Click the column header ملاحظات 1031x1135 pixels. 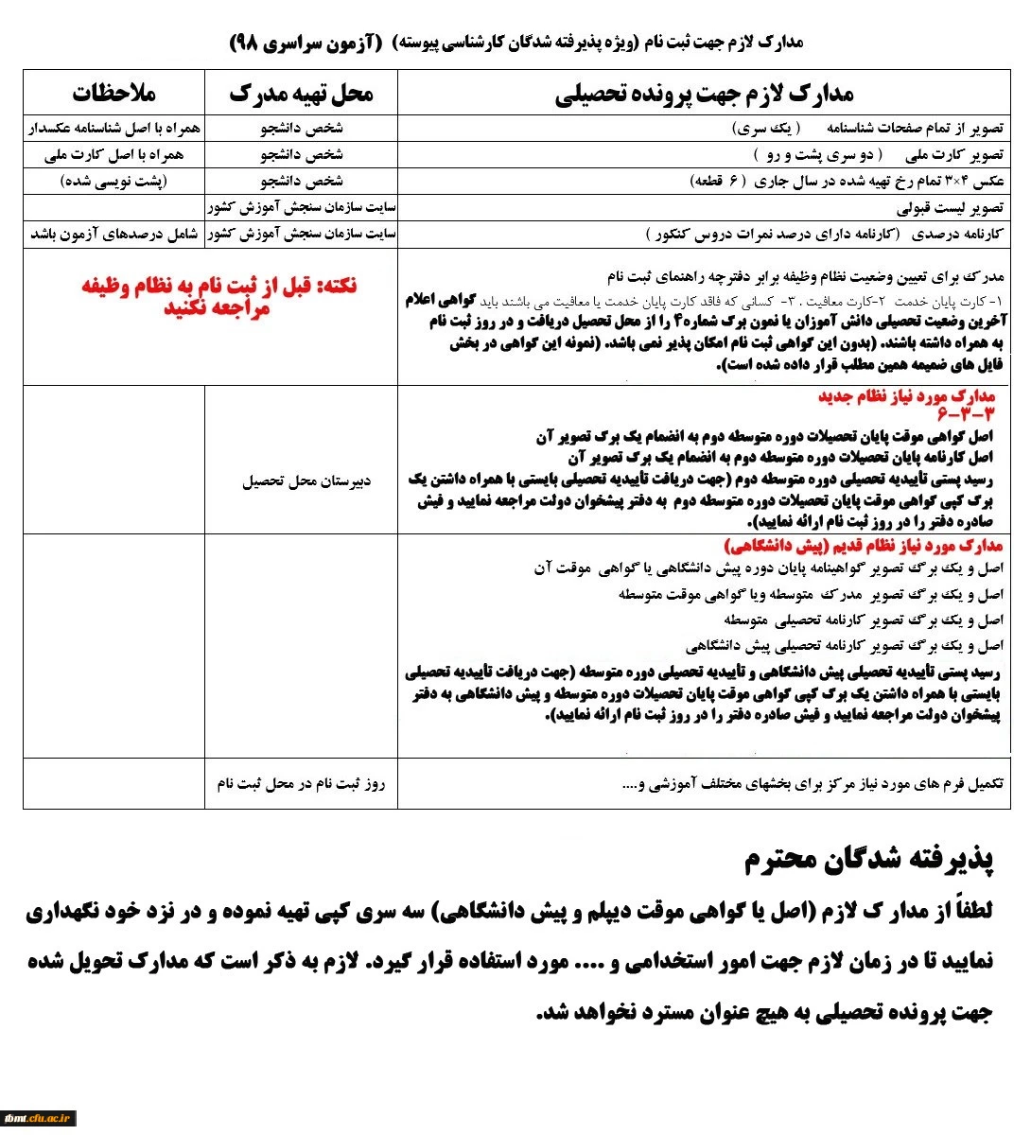pos(114,93)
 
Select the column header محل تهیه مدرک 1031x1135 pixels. pos(301,93)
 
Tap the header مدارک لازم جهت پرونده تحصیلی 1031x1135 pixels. pos(704,93)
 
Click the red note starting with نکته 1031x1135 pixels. pos(217,296)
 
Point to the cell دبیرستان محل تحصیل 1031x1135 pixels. pos(306,481)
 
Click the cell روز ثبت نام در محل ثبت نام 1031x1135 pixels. pos(301,784)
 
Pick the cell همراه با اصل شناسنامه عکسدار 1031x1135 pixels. pos(114,128)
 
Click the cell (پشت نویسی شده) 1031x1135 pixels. pos(114,181)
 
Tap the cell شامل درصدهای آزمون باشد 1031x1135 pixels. pos(114,234)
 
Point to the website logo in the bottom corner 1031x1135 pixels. pos(39,1117)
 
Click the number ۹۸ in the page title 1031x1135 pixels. pos(244,44)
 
